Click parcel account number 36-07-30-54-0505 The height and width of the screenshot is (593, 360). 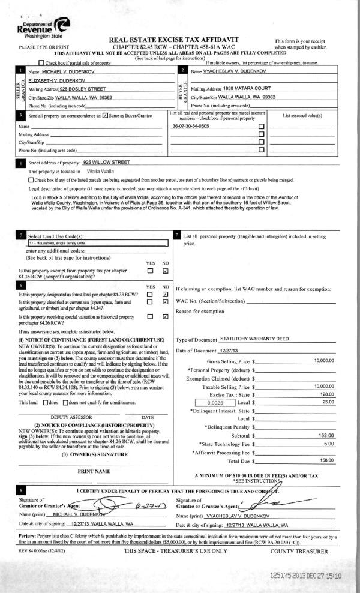pyautogui.click(x=191, y=127)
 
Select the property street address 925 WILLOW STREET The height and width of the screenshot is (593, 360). pyautogui.click(x=107, y=162)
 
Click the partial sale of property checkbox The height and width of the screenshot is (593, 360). pyautogui.click(x=40, y=63)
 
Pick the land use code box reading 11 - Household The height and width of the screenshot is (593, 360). pyautogui.click(x=96, y=243)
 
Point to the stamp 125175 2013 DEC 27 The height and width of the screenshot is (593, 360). pyautogui.click(x=305, y=575)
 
